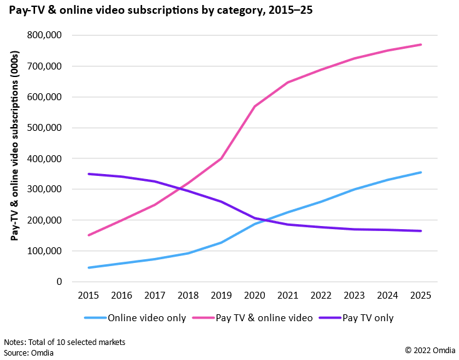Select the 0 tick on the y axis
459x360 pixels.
pyautogui.click(x=59, y=282)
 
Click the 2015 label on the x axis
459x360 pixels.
pyautogui.click(x=90, y=296)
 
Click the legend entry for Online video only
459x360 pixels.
pyautogui.click(x=135, y=318)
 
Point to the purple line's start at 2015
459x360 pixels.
pyautogui.click(x=90, y=174)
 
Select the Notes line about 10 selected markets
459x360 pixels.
pyautogui.click(x=64, y=342)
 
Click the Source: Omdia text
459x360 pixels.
pyautogui.click(x=28, y=352)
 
